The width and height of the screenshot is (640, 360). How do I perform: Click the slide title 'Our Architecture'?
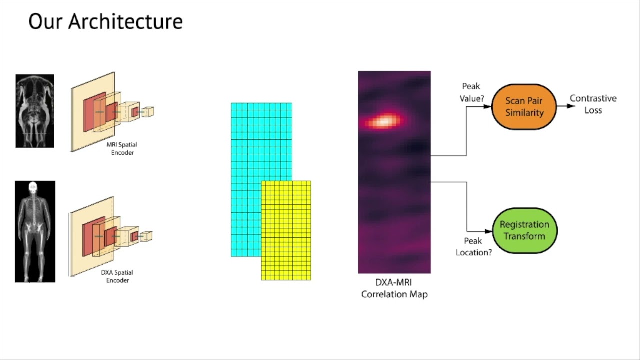tap(105, 22)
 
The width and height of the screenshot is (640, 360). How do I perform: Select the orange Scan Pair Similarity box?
tap(524, 107)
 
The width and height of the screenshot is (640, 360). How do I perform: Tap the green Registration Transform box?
tap(524, 230)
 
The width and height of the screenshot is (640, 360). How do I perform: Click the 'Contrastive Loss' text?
tap(593, 104)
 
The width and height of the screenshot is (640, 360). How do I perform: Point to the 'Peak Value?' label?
tap(472, 92)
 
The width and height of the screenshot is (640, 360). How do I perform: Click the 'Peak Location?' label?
tap(473, 247)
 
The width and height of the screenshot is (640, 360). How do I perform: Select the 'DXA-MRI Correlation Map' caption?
tap(394, 288)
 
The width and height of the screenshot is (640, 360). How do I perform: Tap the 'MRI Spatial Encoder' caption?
tap(122, 148)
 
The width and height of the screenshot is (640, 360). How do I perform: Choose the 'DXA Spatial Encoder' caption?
tap(117, 276)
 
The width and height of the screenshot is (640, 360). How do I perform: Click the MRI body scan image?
tap(35, 111)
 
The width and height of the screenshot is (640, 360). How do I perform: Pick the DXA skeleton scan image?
tap(35, 231)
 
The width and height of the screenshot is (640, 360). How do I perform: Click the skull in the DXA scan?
tap(33, 188)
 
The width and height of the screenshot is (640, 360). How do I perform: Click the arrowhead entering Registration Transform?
tap(489, 231)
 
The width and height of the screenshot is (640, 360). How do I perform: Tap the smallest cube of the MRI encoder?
tap(148, 112)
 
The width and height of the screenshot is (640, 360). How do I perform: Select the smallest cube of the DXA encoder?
tap(146, 236)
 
